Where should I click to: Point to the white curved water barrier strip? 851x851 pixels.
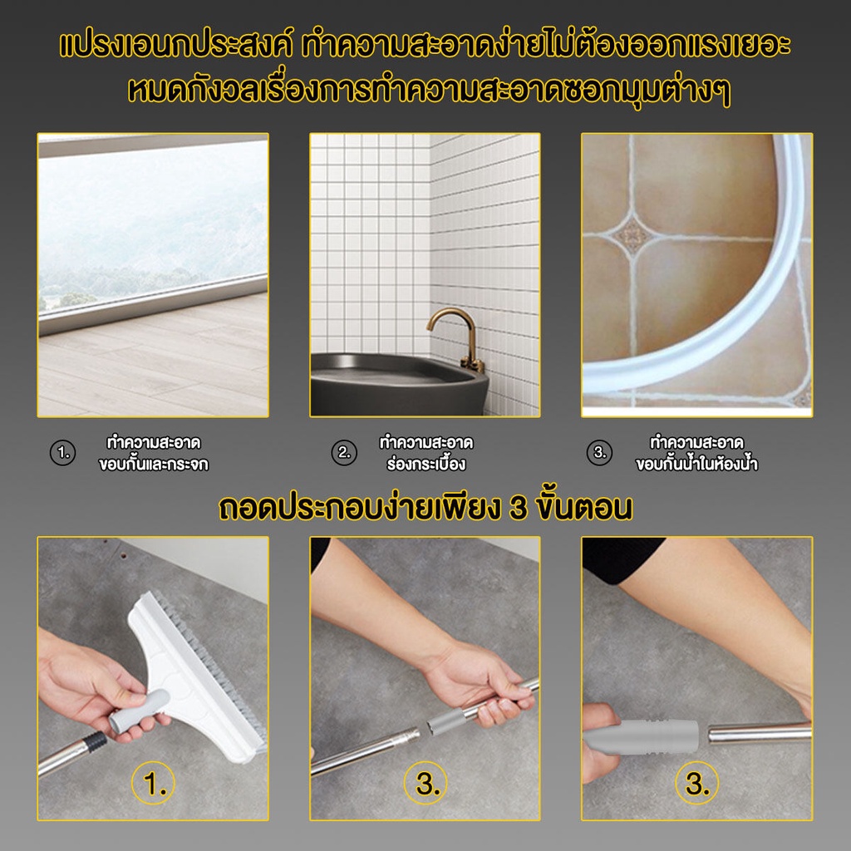(x=706, y=304)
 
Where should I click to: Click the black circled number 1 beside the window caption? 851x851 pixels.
(x=63, y=453)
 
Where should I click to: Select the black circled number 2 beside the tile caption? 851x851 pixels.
(x=344, y=453)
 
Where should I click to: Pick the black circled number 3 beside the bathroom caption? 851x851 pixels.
(x=599, y=453)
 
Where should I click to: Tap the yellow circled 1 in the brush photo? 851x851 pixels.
(x=153, y=783)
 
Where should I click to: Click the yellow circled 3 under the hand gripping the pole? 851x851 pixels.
(x=425, y=783)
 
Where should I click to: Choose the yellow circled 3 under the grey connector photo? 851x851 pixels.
(x=697, y=783)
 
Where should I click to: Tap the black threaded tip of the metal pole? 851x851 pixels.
(x=96, y=740)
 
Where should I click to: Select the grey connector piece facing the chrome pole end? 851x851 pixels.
(x=641, y=736)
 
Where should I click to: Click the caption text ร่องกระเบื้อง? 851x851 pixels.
(x=426, y=465)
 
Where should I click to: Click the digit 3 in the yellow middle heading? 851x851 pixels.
(x=519, y=508)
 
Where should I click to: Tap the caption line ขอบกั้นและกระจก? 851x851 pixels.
(x=154, y=465)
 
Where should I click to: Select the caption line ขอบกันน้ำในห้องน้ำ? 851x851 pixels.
(x=697, y=465)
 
